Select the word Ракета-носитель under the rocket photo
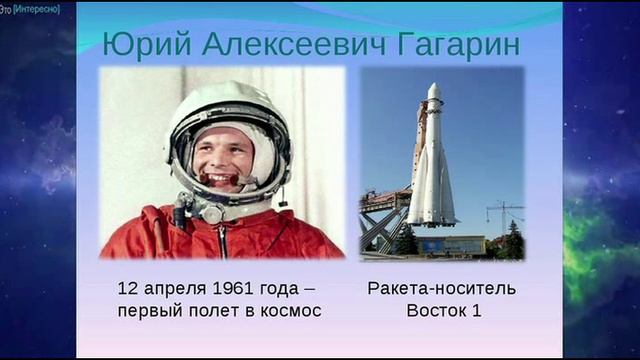(x=442, y=289)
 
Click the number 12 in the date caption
(x=127, y=289)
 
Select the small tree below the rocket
(x=406, y=240)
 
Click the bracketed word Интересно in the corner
(x=38, y=8)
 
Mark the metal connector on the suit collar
(x=211, y=213)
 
